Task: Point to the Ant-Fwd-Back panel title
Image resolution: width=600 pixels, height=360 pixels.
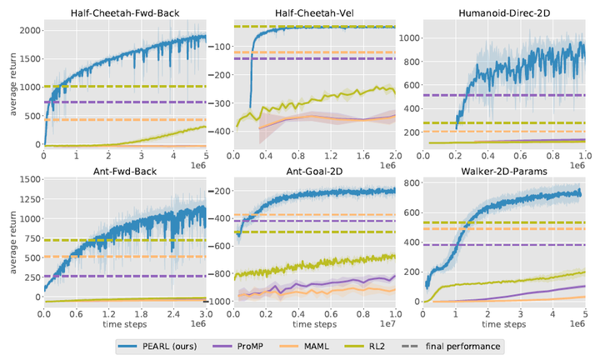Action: [124, 170]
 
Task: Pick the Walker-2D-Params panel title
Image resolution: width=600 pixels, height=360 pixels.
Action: [506, 170]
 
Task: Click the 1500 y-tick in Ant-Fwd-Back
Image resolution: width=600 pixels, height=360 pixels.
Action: [26, 179]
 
